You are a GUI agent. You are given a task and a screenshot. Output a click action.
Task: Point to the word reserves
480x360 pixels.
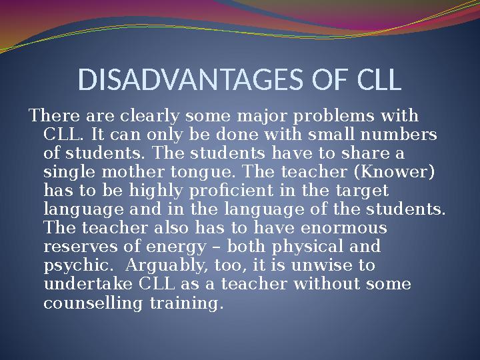click(x=73, y=247)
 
